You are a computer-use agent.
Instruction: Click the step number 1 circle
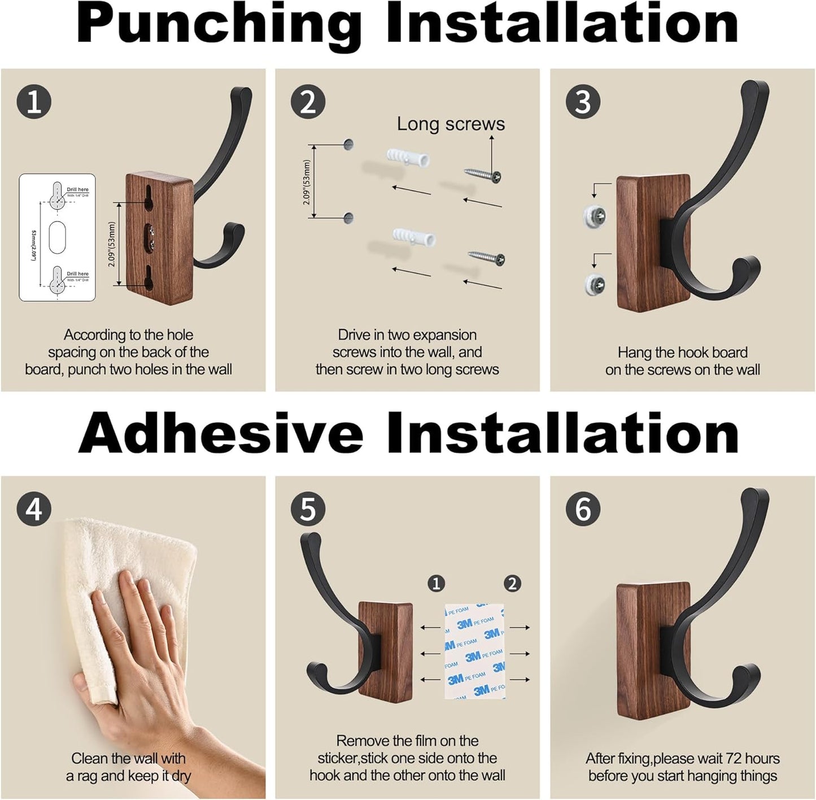click(x=34, y=102)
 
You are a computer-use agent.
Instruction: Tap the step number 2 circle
click(x=308, y=102)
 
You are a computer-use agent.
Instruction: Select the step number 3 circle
click(x=583, y=102)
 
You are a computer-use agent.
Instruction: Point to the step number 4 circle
click(x=34, y=509)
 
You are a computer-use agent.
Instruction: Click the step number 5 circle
click(x=308, y=509)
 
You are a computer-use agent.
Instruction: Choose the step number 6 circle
click(x=583, y=509)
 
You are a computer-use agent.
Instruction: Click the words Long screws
click(x=451, y=124)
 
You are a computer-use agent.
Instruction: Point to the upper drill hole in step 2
click(x=348, y=145)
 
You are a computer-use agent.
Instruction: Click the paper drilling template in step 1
click(x=57, y=237)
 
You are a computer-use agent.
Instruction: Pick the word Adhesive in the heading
click(x=220, y=433)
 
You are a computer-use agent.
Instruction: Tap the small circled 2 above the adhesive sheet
click(x=512, y=583)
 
